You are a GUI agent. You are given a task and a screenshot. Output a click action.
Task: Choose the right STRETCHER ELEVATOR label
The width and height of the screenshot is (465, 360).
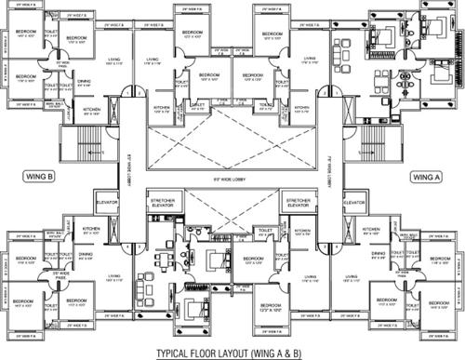tap(298, 203)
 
